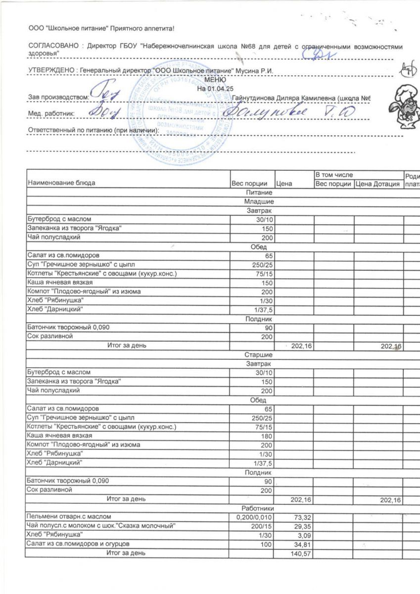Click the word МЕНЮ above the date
(x=214, y=80)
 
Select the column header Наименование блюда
(x=62, y=183)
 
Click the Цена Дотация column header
(x=378, y=184)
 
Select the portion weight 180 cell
(x=266, y=436)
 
